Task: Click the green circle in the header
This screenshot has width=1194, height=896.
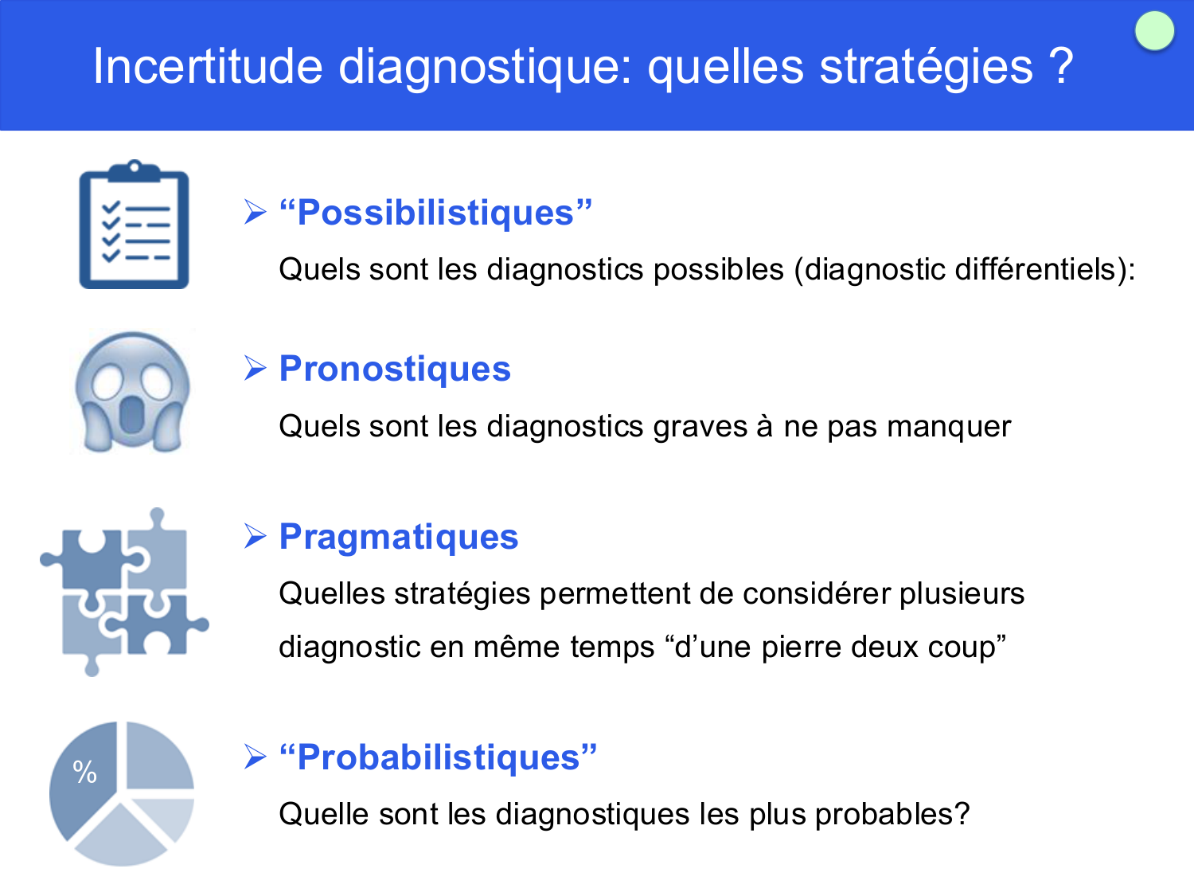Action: (x=1154, y=32)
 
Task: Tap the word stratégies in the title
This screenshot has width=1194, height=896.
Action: (x=927, y=66)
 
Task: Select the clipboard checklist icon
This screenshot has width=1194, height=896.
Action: (x=134, y=225)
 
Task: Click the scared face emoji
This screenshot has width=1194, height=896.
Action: (x=132, y=393)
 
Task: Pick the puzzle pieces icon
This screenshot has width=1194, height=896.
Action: (x=123, y=592)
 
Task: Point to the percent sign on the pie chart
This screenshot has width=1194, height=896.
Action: (x=85, y=772)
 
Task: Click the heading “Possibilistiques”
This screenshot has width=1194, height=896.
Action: (x=436, y=213)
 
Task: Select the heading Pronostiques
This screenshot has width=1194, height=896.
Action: (x=395, y=369)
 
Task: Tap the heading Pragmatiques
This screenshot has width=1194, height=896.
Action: (x=399, y=537)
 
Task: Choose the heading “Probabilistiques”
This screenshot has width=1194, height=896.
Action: (x=439, y=757)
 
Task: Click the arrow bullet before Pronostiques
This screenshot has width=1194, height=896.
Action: (x=256, y=368)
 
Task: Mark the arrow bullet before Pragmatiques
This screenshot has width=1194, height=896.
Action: (x=256, y=536)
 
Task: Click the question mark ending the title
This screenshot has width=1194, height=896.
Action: (x=1062, y=66)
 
